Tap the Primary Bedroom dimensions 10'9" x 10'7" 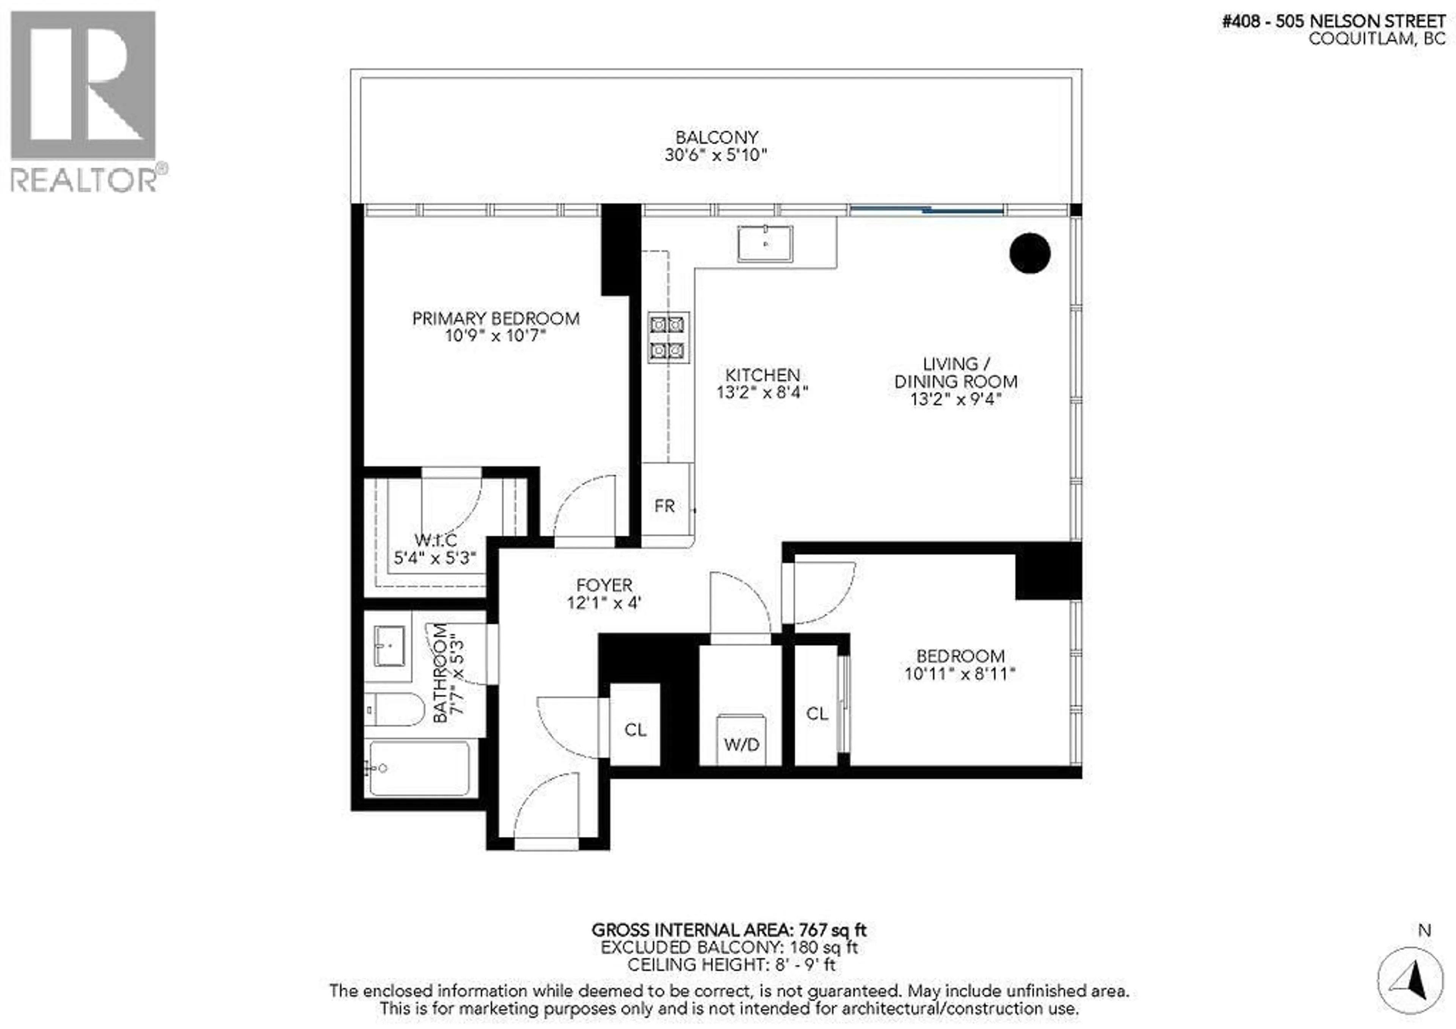click(x=495, y=335)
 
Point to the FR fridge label click(x=665, y=506)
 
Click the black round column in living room click(x=1029, y=253)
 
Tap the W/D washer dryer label click(x=741, y=744)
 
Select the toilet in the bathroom click(x=394, y=709)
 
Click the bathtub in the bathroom click(x=420, y=768)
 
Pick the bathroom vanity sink click(x=389, y=646)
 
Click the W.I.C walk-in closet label click(x=436, y=540)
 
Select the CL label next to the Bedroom click(x=817, y=714)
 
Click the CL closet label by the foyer click(x=635, y=730)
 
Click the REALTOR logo click(x=84, y=102)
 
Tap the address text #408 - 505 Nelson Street click(x=1334, y=21)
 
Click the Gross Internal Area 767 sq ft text click(x=729, y=930)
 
